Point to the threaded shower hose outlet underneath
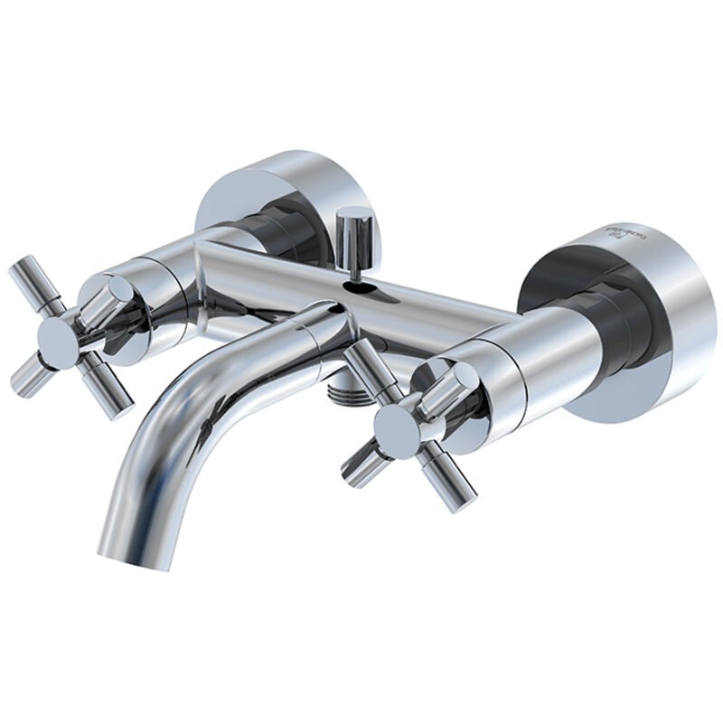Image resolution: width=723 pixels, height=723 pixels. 344,390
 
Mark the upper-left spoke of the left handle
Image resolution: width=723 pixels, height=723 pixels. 27,279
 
